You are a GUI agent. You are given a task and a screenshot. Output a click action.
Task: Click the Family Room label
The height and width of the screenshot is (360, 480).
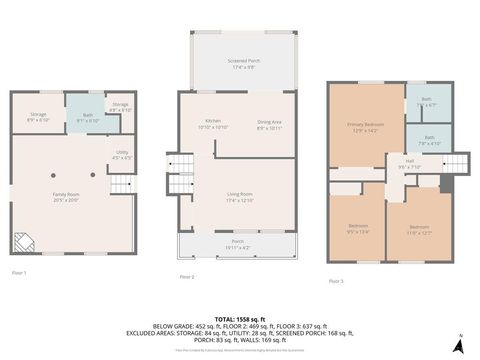(67, 197)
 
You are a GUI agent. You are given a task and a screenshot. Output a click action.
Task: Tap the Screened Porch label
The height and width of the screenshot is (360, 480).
(236, 65)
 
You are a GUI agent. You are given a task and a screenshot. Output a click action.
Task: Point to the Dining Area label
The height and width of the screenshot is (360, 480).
(270, 125)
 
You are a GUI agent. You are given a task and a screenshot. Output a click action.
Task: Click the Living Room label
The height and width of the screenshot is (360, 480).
(236, 199)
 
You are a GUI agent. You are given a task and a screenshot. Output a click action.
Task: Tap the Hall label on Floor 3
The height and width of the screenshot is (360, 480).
(410, 164)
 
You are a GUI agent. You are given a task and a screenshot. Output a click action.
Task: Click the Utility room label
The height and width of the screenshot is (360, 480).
(121, 155)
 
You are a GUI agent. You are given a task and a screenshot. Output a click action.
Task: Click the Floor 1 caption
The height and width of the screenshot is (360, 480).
(19, 273)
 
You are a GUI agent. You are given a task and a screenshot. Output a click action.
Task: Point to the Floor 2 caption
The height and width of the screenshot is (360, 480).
(187, 277)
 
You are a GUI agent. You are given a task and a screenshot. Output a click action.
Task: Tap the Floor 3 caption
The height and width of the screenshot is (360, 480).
(336, 281)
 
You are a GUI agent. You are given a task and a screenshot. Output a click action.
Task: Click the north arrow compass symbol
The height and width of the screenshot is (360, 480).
(459, 343)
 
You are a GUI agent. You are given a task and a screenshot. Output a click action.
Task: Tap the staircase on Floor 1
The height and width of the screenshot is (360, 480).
(121, 184)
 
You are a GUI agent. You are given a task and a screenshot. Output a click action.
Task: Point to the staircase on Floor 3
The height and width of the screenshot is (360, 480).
(455, 162)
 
